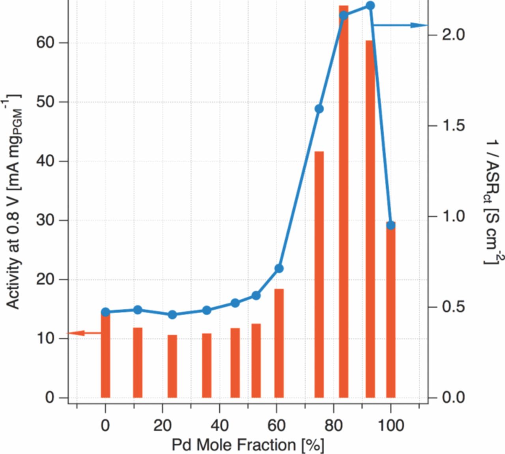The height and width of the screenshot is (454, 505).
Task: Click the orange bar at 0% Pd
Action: pos(105,355)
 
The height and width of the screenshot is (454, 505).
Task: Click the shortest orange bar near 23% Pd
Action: pos(172,366)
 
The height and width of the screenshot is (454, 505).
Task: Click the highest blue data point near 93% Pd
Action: pos(370,6)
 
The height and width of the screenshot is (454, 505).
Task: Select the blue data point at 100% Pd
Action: pos(391,225)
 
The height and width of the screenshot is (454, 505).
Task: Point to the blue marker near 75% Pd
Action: pos(319,109)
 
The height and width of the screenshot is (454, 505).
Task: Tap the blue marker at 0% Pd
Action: pos(105,312)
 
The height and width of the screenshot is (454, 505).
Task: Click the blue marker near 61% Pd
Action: pos(279,268)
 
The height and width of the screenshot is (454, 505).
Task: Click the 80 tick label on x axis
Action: pos(333,426)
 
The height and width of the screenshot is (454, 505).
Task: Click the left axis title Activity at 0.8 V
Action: pos(13,201)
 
